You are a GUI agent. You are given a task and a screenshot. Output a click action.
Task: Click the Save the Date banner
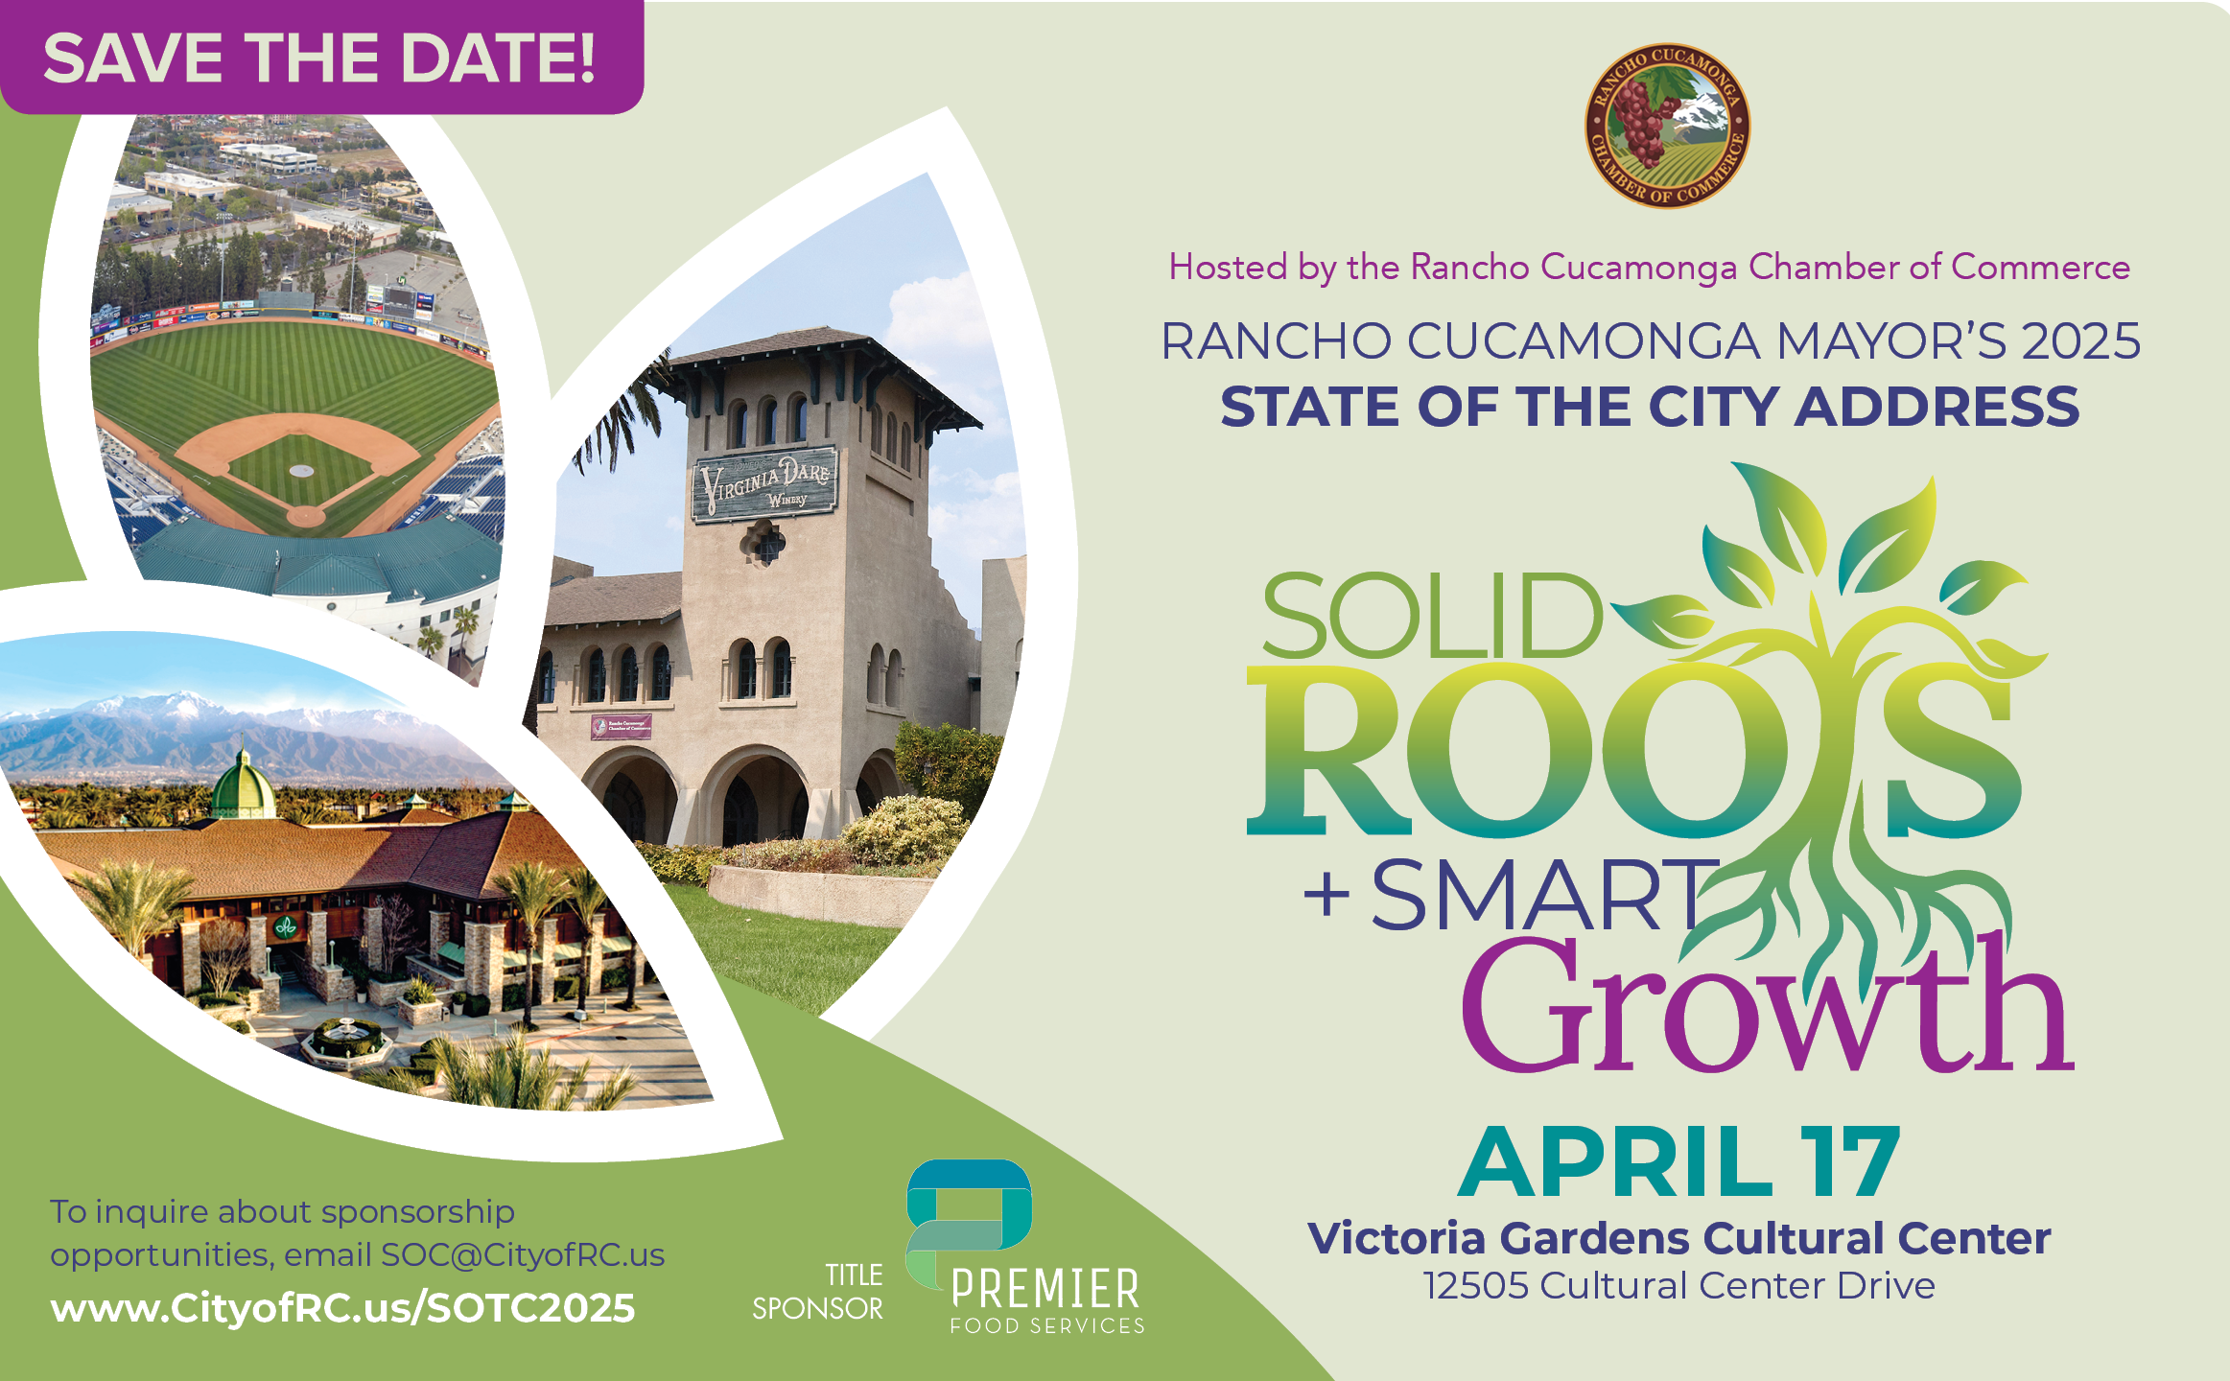[x=320, y=58]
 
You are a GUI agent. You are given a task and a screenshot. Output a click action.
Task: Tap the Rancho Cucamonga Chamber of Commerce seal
[x=1667, y=126]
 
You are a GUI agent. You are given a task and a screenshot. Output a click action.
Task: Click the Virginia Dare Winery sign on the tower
[x=765, y=483]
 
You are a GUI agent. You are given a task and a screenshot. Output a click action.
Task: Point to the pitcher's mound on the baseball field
[x=301, y=471]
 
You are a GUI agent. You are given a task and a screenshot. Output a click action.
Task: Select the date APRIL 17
[x=1678, y=1162]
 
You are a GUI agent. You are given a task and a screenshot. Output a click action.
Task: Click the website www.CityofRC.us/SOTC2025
[x=342, y=1308]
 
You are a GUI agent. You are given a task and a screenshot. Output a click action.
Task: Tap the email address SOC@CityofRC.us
[x=523, y=1254]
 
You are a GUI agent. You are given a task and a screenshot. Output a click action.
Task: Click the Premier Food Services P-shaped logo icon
[x=969, y=1223]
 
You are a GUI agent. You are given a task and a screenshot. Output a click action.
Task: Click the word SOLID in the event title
[x=1431, y=615]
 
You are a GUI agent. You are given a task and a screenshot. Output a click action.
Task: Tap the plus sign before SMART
[x=1326, y=897]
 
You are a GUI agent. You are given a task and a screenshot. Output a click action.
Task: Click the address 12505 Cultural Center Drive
[x=1678, y=1285]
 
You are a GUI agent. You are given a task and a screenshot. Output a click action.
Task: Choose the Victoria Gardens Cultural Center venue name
[x=1678, y=1238]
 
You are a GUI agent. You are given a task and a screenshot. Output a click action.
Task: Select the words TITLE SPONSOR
[x=817, y=1292]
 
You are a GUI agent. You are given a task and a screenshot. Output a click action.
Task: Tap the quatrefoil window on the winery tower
[x=765, y=544]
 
